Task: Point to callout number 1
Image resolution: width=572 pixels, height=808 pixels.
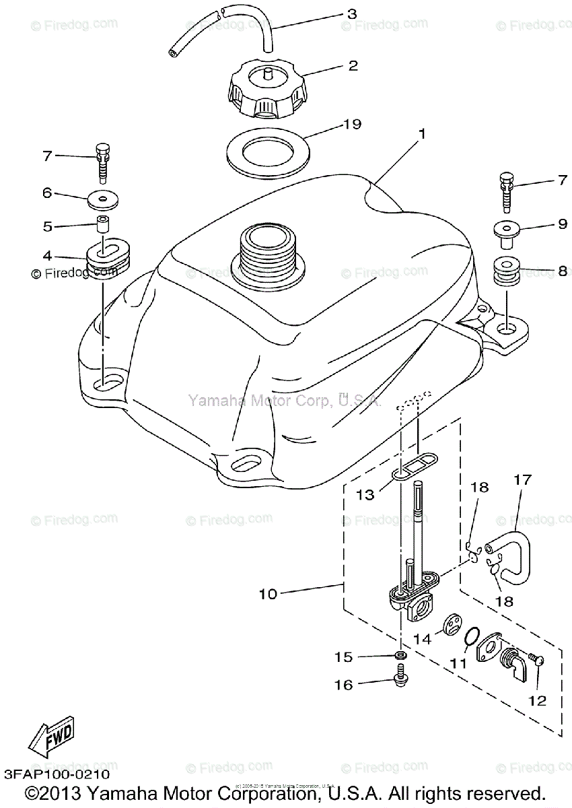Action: coord(421,134)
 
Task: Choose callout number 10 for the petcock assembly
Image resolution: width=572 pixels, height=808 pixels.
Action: coord(267,594)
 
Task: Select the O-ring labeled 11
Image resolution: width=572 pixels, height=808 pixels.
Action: coord(474,635)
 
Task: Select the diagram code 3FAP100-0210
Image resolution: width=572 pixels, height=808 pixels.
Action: coord(60,766)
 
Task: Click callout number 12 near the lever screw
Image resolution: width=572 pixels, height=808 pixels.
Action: coord(537,701)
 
